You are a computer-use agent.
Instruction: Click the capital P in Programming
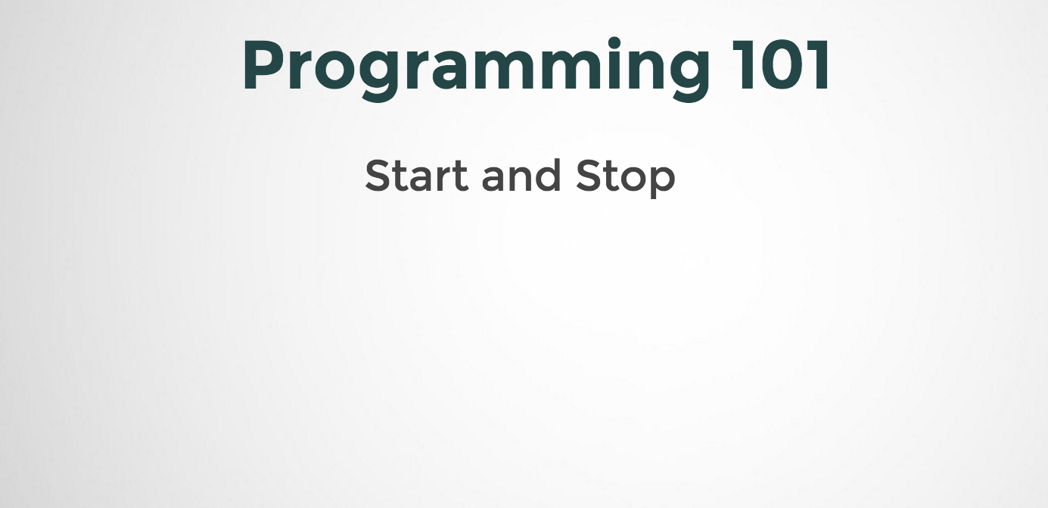[261, 67]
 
